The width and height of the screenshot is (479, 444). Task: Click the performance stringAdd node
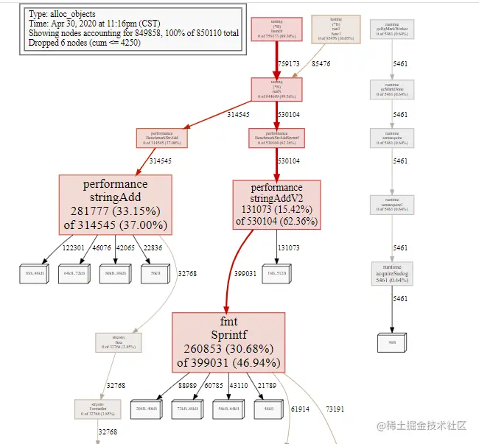(116, 205)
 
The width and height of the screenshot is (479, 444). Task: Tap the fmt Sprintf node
(228, 342)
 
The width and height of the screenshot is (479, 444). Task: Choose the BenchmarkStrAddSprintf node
(276, 137)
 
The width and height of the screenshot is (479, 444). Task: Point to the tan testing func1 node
(336, 29)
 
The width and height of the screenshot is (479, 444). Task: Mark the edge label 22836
(152, 248)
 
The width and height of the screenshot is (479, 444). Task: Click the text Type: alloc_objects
(60, 14)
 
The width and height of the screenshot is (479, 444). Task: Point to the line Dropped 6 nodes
(81, 43)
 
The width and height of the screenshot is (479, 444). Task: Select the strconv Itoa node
(118, 342)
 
